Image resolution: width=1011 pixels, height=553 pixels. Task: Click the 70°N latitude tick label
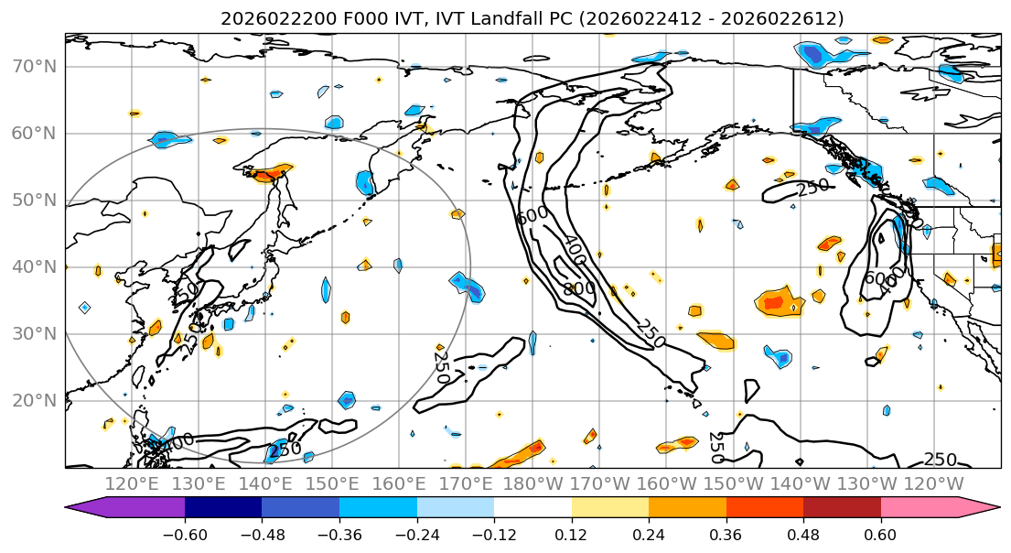click(x=33, y=67)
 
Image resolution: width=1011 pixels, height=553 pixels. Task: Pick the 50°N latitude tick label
click(x=33, y=201)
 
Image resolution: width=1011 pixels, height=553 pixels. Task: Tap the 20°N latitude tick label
click(x=33, y=401)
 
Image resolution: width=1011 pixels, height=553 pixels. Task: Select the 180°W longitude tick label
click(x=532, y=483)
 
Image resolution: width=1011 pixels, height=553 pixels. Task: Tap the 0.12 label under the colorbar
click(x=571, y=534)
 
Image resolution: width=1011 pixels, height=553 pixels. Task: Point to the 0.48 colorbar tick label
click(x=803, y=534)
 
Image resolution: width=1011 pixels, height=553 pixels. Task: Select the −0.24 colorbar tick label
click(x=416, y=534)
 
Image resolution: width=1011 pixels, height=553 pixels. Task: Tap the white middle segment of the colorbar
click(x=532, y=509)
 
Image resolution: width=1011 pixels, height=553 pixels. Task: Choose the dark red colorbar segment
click(x=842, y=509)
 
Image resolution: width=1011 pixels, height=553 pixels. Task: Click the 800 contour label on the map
click(x=579, y=288)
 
